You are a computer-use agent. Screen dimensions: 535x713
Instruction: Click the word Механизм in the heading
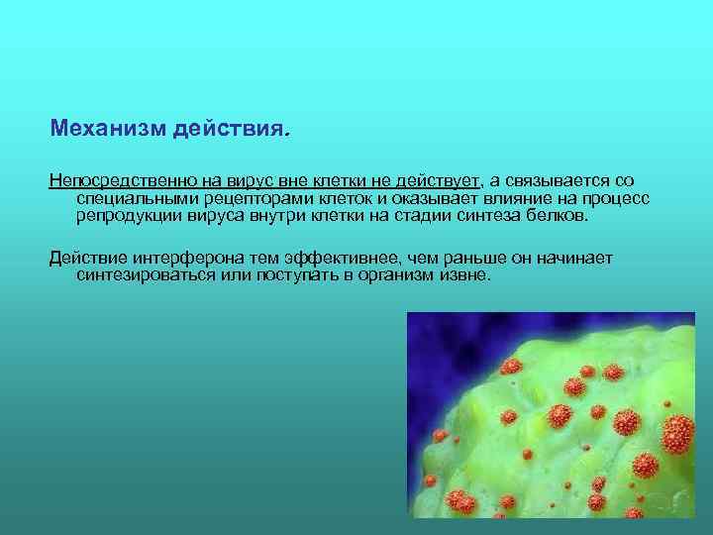point(107,130)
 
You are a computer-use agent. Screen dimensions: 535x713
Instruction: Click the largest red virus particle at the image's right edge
point(678,431)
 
